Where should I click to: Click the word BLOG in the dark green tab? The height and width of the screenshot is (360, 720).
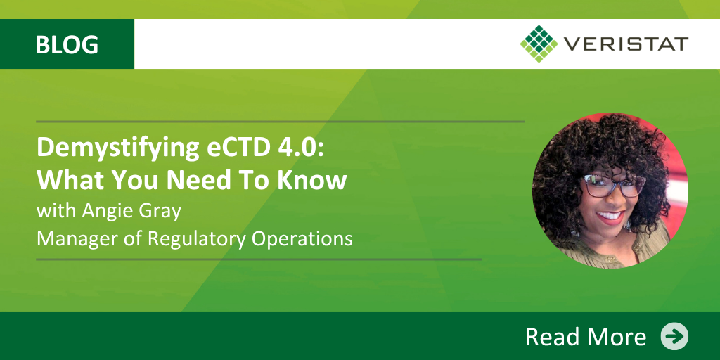pos(67,44)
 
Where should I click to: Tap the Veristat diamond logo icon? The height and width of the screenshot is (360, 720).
pos(539,44)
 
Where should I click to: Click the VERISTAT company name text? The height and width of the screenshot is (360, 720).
pos(625,44)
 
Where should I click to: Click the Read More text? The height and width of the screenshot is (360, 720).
pos(586,337)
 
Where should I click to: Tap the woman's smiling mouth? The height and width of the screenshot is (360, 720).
pos(611,217)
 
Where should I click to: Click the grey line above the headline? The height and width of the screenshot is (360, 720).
pos(280,122)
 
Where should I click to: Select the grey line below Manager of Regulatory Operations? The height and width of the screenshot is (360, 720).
pos(259,259)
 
